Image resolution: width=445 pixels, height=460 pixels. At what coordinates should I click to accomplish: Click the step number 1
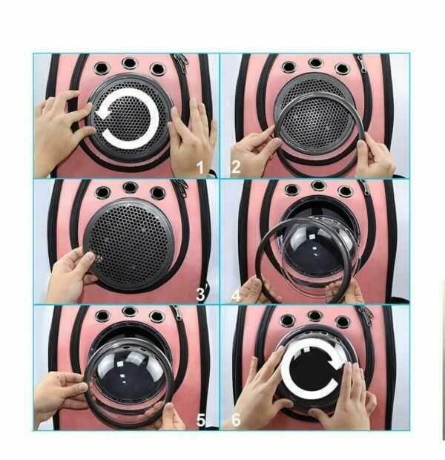(200, 168)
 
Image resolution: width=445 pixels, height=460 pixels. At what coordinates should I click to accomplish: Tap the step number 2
(236, 167)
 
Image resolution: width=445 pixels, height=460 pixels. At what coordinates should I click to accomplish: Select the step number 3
(200, 295)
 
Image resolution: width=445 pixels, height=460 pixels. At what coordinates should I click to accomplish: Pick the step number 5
(201, 421)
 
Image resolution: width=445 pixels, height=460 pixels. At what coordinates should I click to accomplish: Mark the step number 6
(236, 419)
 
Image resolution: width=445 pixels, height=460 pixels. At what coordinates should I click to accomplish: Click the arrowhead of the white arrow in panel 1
(102, 112)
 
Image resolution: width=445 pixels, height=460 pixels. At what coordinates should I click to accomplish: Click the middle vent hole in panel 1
(130, 63)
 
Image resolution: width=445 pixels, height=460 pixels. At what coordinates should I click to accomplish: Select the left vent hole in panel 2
(289, 67)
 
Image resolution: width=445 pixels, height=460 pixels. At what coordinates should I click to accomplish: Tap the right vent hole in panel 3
(157, 193)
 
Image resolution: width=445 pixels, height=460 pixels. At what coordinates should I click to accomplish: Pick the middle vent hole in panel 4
(318, 185)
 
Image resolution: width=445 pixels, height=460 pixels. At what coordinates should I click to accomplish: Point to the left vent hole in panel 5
(102, 316)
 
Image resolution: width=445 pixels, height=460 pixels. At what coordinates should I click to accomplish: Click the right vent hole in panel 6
(343, 321)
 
